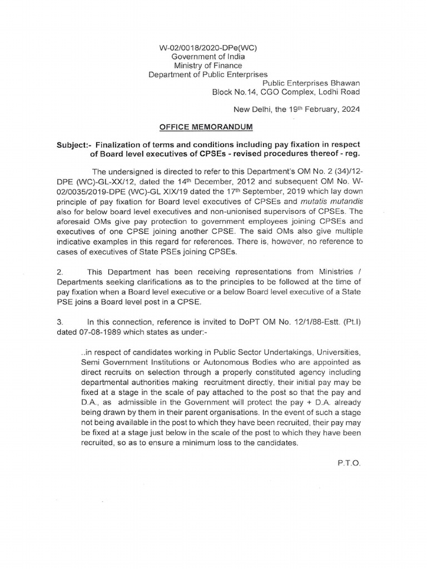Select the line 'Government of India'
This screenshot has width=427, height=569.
pyautogui.click(x=207, y=57)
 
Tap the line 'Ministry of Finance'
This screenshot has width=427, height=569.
pyautogui.click(x=207, y=66)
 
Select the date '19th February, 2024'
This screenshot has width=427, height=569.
pyautogui.click(x=322, y=109)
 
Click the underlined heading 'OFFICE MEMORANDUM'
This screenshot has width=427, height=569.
pyautogui.click(x=206, y=127)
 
